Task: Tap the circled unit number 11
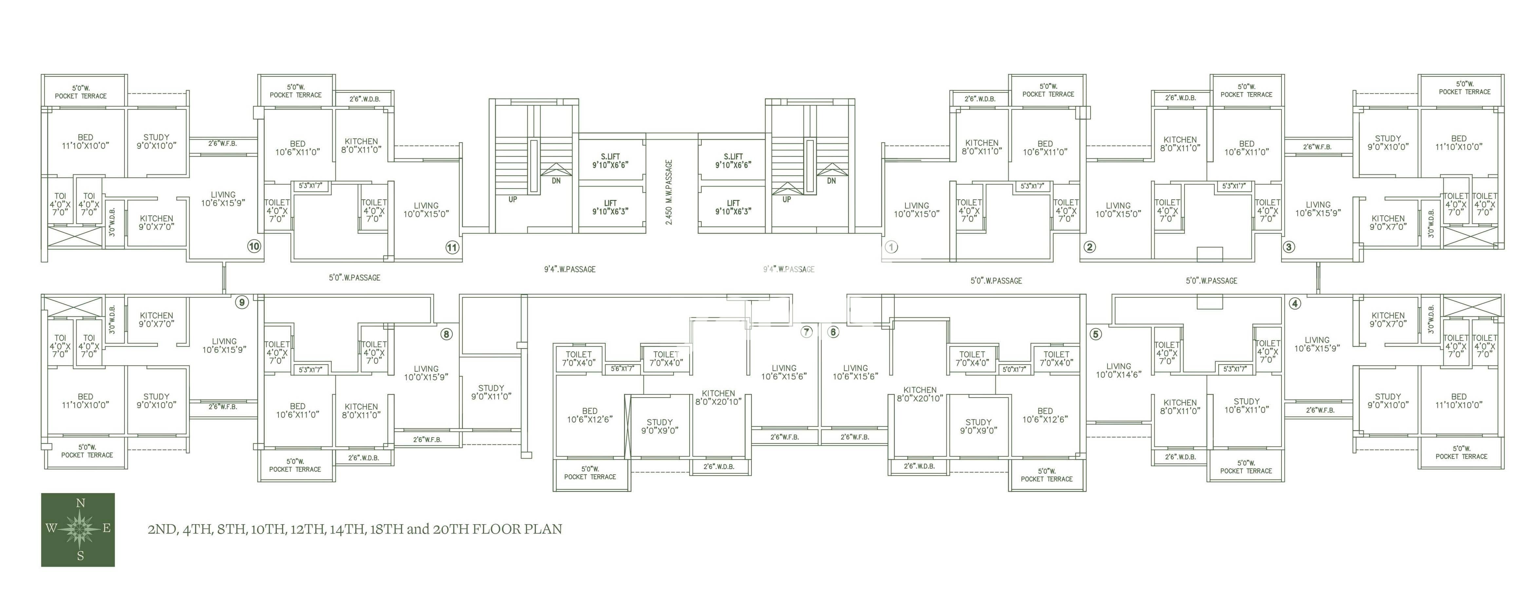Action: click(x=452, y=247)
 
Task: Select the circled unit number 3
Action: click(x=1289, y=247)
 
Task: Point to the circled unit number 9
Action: click(x=241, y=303)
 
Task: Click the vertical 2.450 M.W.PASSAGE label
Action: click(x=669, y=192)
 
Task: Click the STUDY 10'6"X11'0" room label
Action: click(x=1246, y=406)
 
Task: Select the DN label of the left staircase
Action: click(x=556, y=181)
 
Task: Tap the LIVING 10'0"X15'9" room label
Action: click(x=426, y=373)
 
